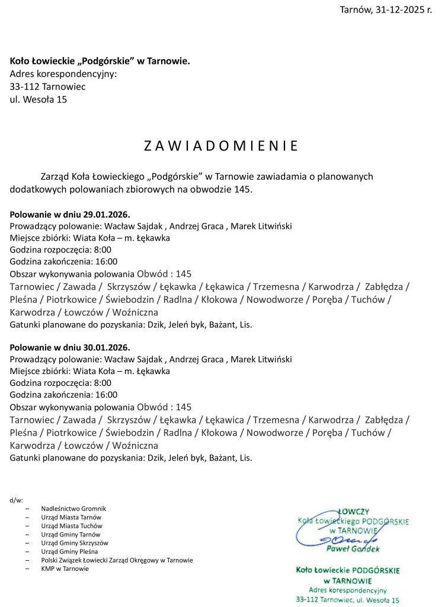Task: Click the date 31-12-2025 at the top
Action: tap(401, 10)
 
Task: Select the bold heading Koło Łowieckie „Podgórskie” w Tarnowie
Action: tap(100, 61)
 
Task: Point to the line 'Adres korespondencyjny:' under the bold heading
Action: tap(63, 74)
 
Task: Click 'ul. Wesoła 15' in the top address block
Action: tap(39, 100)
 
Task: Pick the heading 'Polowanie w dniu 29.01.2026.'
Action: tap(70, 214)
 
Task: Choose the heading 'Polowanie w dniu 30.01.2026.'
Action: tap(70, 347)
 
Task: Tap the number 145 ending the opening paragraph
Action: tap(244, 190)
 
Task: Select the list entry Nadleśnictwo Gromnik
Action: tap(73, 509)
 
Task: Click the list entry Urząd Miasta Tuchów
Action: tap(72, 526)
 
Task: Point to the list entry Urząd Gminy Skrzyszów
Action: tap(75, 542)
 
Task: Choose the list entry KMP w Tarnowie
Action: tap(65, 568)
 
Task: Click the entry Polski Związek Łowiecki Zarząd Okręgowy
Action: tap(117, 560)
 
